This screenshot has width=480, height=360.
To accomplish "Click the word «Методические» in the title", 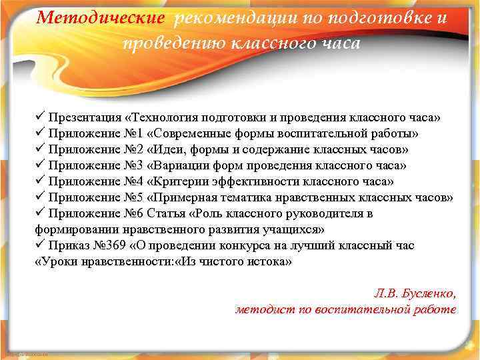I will [x=99, y=17].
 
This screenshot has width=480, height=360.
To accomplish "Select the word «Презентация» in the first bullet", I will [x=85, y=117].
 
